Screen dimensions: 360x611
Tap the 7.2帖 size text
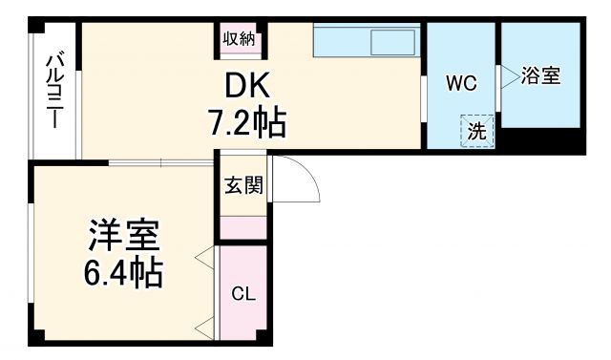tap(246, 122)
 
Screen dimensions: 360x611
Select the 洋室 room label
tap(123, 235)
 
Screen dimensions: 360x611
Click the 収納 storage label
tap(240, 39)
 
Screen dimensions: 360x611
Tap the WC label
tap(460, 83)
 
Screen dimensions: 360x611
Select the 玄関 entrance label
tap(243, 185)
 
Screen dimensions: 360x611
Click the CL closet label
tap(243, 293)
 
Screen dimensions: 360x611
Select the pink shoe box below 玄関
tap(243, 228)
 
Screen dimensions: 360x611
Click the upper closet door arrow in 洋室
tap(204, 257)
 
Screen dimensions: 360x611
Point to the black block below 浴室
tap(541, 139)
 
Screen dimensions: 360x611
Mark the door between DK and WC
tap(423, 95)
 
